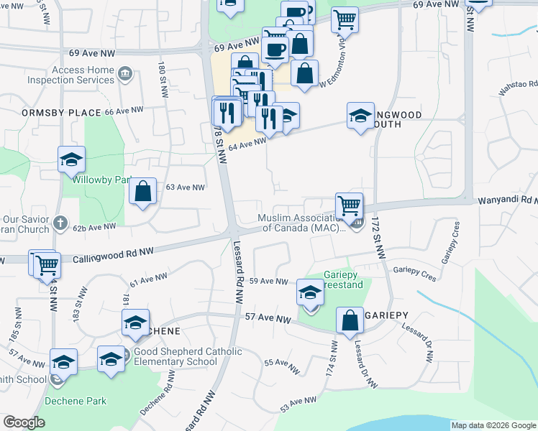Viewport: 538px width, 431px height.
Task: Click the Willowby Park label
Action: point(101,180)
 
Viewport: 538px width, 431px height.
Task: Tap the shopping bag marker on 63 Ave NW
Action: point(143,192)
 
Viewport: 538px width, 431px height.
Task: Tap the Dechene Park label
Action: point(76,401)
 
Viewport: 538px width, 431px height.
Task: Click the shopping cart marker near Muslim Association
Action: point(349,205)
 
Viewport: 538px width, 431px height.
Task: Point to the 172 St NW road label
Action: point(376,241)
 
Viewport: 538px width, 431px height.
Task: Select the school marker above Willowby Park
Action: point(71,159)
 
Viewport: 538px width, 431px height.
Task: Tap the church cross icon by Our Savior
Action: point(61,223)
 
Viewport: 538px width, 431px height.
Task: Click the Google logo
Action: point(24,422)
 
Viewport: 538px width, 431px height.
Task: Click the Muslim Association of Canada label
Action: point(303,223)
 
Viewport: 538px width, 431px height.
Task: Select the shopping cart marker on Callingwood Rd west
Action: point(47,264)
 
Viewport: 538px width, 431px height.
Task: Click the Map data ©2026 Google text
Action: point(493,425)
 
